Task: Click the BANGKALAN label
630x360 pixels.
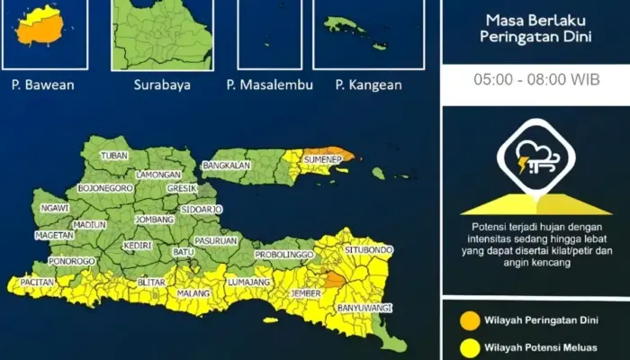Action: pos(226,166)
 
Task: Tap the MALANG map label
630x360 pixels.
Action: pos(194,292)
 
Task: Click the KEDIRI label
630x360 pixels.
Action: pos(138,244)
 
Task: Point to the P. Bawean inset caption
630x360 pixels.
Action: pos(42,85)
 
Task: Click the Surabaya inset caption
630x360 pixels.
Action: pos(161,85)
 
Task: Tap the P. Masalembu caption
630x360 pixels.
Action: pos(269,85)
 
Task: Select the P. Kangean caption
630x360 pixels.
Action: pos(368,85)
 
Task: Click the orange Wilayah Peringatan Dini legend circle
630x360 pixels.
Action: pos(469,320)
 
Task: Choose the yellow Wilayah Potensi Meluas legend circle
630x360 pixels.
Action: pos(469,347)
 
